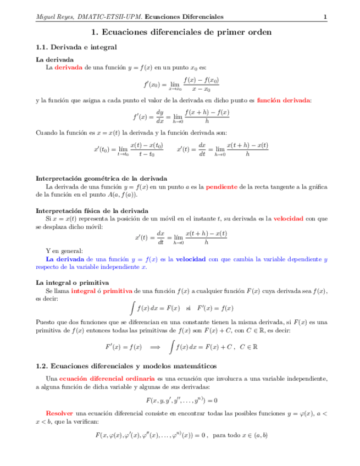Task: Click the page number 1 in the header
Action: click(x=325, y=17)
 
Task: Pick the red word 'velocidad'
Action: click(x=288, y=219)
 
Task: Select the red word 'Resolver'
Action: click(x=59, y=412)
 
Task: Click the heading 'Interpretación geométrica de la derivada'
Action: click(x=102, y=179)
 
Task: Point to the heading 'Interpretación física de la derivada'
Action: click(x=91, y=210)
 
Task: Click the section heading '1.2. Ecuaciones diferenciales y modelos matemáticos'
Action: click(x=126, y=366)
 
